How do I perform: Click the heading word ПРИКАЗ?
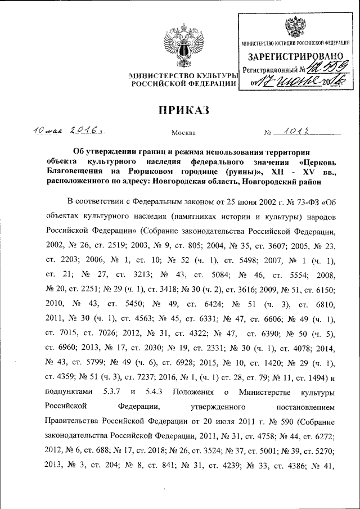(180, 109)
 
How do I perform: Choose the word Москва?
(183, 133)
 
